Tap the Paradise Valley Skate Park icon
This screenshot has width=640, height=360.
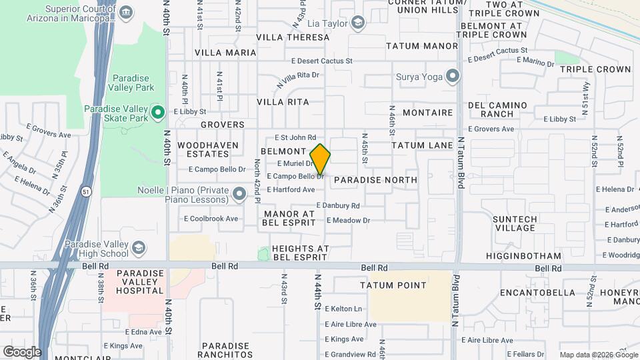click(x=158, y=112)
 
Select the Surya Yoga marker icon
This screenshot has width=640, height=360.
click(x=453, y=77)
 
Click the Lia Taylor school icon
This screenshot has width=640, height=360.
click(x=359, y=24)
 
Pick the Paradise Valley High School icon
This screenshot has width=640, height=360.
click(x=139, y=249)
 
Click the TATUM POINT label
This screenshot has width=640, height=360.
click(x=393, y=285)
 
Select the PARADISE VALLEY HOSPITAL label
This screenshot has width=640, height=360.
click(x=140, y=281)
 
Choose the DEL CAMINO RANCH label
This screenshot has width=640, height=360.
click(x=497, y=109)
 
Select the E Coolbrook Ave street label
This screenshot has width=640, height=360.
click(x=211, y=219)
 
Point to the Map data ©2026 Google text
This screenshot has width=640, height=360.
click(x=597, y=355)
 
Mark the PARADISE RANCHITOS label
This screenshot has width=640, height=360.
click(x=227, y=350)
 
